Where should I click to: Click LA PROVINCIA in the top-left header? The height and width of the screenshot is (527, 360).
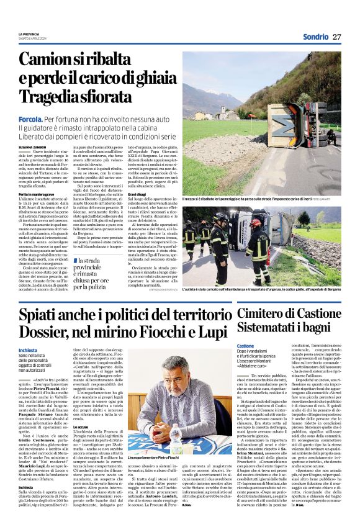point(29,33)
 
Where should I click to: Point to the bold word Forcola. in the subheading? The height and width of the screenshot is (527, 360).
point(30,118)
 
